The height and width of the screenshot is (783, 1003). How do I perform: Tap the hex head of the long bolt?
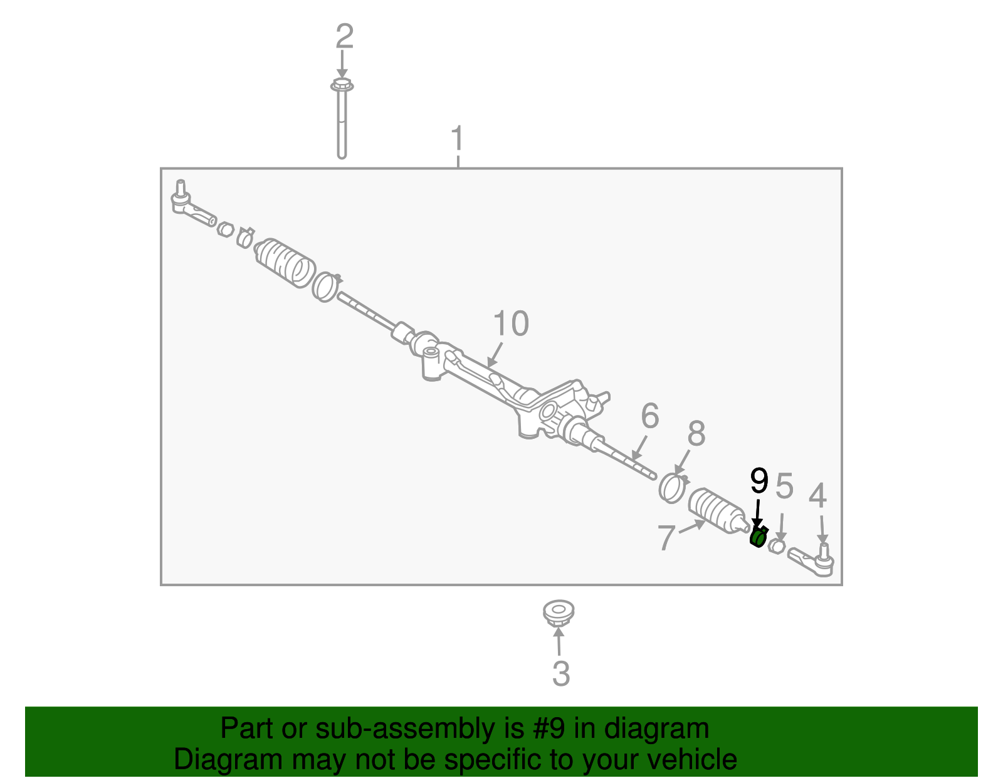pos(342,85)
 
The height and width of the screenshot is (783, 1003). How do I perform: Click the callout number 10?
pos(511,323)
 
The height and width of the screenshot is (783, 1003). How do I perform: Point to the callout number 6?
pos(650,416)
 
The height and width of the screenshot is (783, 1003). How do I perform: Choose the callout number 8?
pos(696,434)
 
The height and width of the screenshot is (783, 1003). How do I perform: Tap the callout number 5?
pos(784,485)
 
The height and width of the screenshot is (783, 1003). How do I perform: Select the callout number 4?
pos(818,495)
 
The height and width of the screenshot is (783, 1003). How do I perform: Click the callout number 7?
pos(667,537)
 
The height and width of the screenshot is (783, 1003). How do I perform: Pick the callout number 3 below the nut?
pos(561,674)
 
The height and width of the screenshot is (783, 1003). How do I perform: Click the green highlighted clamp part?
pos(759,537)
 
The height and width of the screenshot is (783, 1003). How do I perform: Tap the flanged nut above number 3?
pos(559,613)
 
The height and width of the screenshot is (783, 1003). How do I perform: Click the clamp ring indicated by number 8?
pos(673,488)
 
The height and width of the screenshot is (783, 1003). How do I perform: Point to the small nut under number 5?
pos(777,547)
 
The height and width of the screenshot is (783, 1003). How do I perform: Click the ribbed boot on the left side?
pos(285,263)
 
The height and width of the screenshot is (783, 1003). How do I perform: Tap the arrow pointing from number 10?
pos(495,354)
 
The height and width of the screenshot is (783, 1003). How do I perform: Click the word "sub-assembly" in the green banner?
pos(419,728)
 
